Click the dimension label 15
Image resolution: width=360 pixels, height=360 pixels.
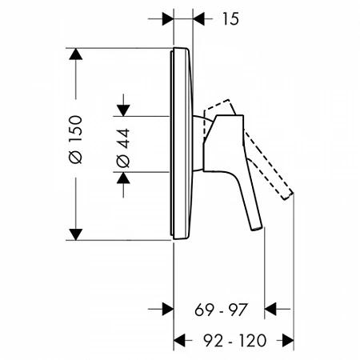tap(230, 18)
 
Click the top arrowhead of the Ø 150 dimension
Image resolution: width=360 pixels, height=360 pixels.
tap(75, 56)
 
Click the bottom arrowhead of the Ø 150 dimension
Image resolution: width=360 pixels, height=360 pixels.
tap(75, 233)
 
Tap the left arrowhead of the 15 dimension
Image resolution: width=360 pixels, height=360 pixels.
tap(166, 18)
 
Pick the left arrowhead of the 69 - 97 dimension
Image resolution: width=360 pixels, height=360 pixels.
tap(166, 308)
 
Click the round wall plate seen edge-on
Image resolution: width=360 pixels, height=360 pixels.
tap(181, 144)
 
